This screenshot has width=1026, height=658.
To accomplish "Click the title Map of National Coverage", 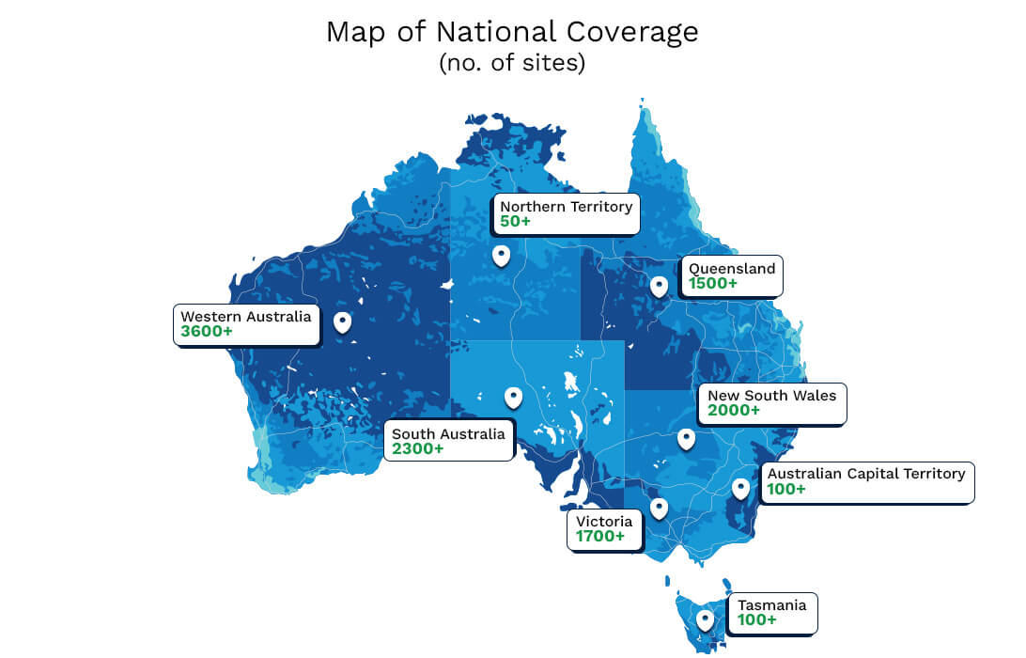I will (x=512, y=32).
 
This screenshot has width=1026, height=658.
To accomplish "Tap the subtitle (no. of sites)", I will (x=512, y=65).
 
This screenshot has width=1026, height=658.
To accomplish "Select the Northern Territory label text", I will (x=566, y=207).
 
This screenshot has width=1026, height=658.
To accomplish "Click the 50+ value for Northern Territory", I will (x=516, y=222).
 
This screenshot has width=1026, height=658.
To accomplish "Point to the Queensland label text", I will (x=732, y=269).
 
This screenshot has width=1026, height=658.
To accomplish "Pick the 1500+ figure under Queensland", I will (x=712, y=283).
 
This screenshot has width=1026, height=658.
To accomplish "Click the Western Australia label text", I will (x=245, y=317).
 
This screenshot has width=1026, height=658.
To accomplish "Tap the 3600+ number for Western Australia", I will (x=207, y=332).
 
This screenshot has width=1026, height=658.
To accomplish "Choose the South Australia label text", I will (x=448, y=434).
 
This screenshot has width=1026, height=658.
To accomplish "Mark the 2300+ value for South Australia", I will (x=418, y=449).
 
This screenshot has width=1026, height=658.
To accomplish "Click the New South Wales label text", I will (x=771, y=396).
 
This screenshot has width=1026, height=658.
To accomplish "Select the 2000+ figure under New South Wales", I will (x=734, y=411).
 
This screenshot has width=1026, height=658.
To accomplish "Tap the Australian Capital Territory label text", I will (x=866, y=474).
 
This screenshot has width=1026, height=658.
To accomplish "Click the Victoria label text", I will (x=604, y=522).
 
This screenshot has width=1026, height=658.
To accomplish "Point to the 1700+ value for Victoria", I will (x=600, y=537).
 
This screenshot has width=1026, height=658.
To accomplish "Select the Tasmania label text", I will (x=771, y=605).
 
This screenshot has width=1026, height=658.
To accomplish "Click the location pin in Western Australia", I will (x=343, y=322).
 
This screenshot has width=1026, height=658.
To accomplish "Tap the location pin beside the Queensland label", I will (x=659, y=286).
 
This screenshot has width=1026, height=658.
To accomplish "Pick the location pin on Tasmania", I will (x=705, y=619).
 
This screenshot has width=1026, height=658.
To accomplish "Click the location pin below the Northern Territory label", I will (x=502, y=255).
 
